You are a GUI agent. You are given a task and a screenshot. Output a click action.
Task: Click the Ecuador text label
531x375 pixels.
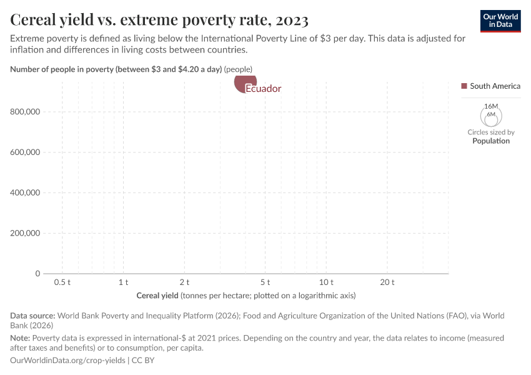(263, 89)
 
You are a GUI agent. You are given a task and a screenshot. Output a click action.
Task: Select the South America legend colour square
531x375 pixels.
(464, 86)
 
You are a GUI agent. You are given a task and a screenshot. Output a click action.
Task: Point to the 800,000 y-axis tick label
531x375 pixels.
(25, 112)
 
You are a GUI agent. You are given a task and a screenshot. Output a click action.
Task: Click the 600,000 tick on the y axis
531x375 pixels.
(25, 152)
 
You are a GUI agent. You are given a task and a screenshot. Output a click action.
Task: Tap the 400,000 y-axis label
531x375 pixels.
(25, 192)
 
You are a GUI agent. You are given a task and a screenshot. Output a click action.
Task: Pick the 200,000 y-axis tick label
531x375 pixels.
(25, 233)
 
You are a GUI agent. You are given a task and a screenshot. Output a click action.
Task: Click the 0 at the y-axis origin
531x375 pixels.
(37, 274)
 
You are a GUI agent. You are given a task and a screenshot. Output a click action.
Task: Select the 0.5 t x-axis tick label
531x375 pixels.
(62, 282)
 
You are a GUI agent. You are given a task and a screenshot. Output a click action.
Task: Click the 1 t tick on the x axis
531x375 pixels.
(123, 282)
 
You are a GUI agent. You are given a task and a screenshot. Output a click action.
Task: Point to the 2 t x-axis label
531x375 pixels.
(184, 282)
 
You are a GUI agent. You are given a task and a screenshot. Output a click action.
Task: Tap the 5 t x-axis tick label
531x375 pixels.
(265, 282)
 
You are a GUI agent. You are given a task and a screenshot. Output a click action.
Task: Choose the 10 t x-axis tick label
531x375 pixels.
(326, 282)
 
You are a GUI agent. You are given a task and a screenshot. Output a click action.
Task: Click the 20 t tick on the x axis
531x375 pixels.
(387, 282)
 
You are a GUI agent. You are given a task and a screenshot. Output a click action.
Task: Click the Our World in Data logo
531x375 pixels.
(500, 21)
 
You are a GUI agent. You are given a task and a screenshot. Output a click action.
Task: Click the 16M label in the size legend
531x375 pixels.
(490, 107)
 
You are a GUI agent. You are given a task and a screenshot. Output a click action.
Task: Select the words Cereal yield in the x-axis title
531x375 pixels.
(157, 295)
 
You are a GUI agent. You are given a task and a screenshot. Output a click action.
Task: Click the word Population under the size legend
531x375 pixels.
(490, 141)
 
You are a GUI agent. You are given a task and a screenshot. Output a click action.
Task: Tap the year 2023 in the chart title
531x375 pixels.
(290, 21)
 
